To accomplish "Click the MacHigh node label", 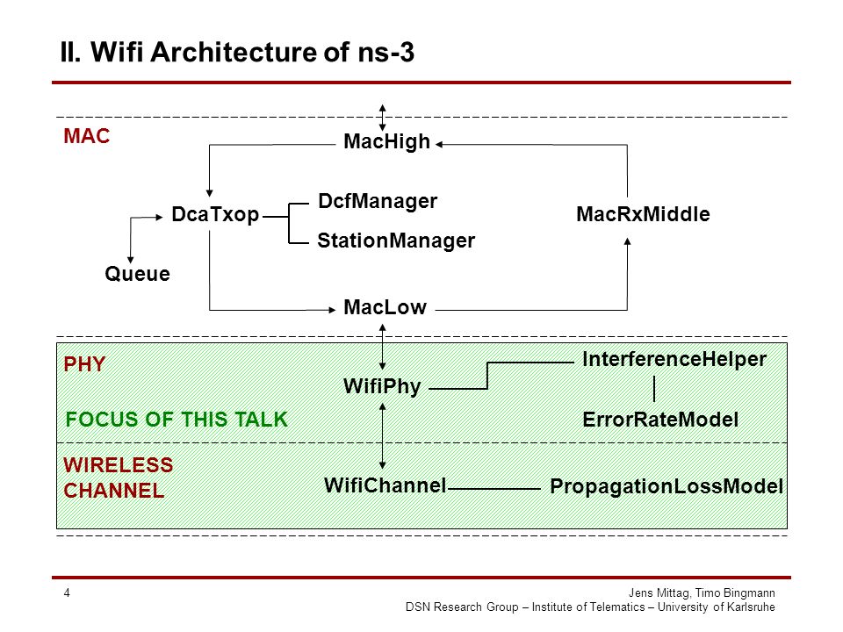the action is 386,142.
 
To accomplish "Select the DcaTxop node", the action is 215,214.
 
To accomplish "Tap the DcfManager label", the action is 378,202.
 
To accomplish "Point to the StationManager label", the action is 396,241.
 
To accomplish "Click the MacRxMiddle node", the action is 643,214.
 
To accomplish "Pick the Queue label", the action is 137,274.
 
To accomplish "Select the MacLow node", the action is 385,307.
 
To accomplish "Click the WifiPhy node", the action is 382,386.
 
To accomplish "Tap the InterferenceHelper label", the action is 674,360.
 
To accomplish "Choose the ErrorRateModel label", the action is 660,420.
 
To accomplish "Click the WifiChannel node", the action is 385,485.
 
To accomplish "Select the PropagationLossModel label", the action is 666,487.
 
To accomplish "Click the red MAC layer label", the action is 87,137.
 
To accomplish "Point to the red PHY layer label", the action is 84,365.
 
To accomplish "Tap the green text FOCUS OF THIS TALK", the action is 177,420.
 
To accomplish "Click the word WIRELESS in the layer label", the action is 119,465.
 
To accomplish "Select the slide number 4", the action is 67,593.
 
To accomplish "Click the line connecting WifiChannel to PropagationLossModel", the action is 494,489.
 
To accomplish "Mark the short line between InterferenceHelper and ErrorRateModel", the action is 654,389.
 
